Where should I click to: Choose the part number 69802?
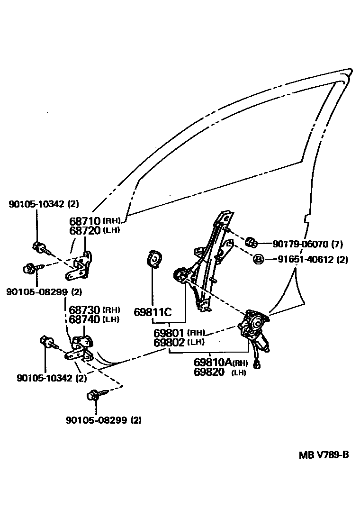tap(170, 342)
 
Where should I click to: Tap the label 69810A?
tap(213, 363)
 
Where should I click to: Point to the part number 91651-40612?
tap(306, 260)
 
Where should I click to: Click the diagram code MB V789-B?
tap(324, 455)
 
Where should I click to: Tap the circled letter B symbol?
tap(258, 260)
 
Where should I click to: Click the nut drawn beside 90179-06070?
tap(252, 244)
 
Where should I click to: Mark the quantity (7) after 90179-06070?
tap(337, 244)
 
